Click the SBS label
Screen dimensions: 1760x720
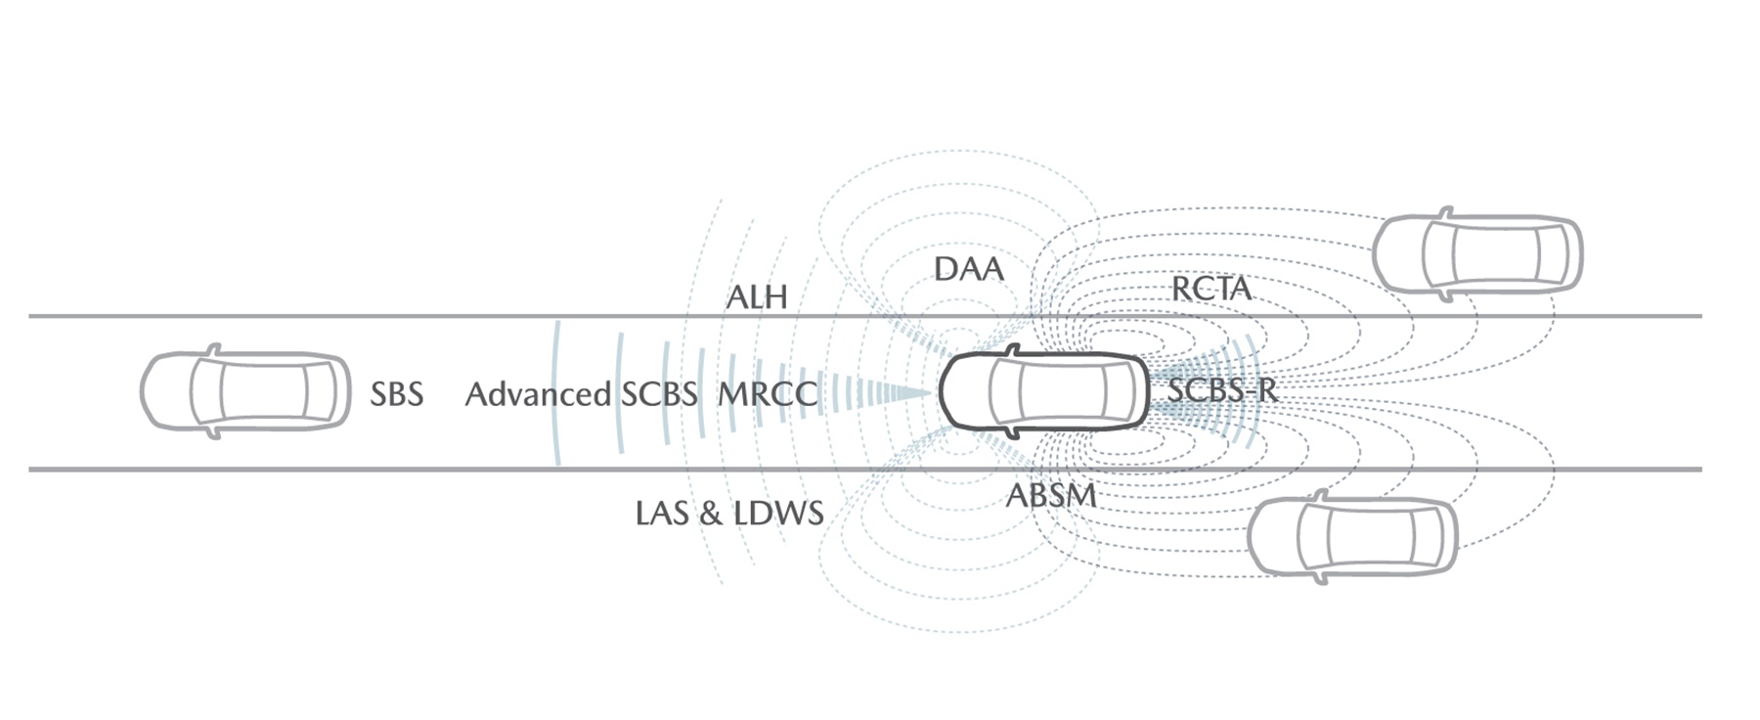(396, 394)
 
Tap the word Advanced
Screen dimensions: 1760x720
(538, 394)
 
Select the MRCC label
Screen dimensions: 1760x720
(768, 394)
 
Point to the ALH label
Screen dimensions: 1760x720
(757, 297)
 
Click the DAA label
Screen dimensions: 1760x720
(969, 269)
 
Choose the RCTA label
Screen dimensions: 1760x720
(1211, 289)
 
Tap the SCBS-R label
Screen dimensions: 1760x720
(1222, 390)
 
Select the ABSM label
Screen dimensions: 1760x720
(1051, 495)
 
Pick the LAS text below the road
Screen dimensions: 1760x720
(662, 513)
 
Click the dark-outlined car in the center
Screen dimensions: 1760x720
(1043, 391)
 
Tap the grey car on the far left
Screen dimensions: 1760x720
(245, 391)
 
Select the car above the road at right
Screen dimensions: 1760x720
(1477, 254)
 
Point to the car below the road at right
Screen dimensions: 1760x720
(1353, 537)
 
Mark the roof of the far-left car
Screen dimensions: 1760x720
(263, 391)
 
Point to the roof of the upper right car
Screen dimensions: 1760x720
(1495, 254)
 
